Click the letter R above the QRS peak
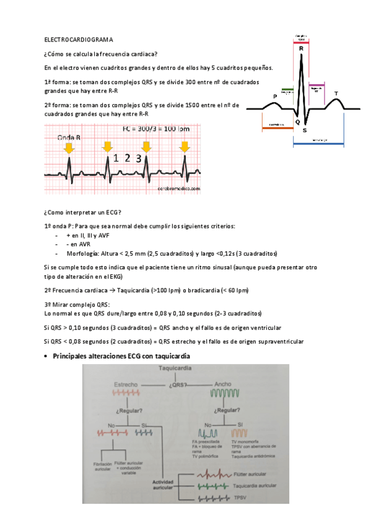point(301,48)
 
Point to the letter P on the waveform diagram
point(275,96)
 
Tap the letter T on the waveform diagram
point(336,93)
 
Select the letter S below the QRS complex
point(304,130)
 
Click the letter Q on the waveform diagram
point(297,122)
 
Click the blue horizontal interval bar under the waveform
point(318,144)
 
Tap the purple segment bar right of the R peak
point(316,85)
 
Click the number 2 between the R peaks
point(127,158)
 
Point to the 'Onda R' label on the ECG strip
point(69,137)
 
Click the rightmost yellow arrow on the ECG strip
point(184,147)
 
